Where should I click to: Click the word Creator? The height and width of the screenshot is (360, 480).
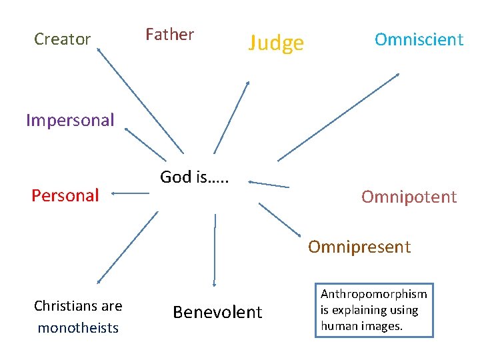[x=62, y=39]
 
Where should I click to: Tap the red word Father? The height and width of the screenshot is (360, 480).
[x=169, y=35]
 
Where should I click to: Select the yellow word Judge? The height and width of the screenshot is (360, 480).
[x=276, y=43]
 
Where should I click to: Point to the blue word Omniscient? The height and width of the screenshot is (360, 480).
[x=419, y=39]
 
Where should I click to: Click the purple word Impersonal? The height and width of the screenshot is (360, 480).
[x=70, y=121]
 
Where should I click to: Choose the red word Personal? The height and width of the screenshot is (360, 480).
[x=65, y=195]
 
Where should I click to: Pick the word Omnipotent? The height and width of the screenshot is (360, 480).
[x=409, y=197]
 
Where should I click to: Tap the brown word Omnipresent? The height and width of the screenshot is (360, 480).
[x=359, y=247]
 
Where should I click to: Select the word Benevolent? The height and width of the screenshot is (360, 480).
[x=217, y=313]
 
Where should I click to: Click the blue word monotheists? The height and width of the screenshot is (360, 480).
[x=78, y=328]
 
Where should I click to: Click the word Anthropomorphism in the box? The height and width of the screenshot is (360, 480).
[x=373, y=294]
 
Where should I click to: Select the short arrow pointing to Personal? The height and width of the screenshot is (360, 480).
[x=130, y=194]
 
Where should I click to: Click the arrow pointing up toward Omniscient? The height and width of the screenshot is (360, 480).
[x=339, y=117]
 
